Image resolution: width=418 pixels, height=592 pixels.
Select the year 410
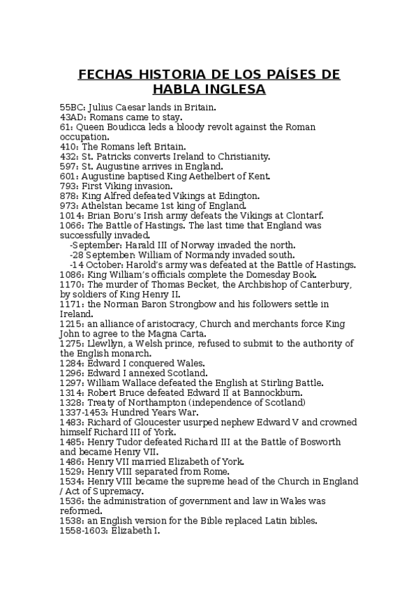coord(68,147)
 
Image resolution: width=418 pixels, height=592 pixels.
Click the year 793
coord(68,186)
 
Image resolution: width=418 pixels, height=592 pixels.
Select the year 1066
coord(71,225)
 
